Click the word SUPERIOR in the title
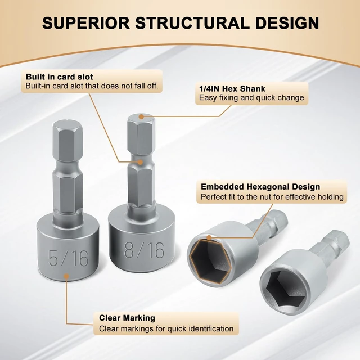coord(86,23)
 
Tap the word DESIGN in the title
coord(287,23)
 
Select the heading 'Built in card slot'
coord(59,76)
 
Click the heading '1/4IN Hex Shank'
coord(232,89)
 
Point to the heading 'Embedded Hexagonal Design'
coord(260,187)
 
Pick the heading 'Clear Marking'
coord(127,318)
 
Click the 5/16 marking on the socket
coord(69,258)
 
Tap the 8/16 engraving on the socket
coord(144,250)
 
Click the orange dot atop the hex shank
coord(141,117)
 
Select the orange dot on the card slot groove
coord(141,162)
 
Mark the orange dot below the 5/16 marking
coord(66,276)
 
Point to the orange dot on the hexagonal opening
coord(209,237)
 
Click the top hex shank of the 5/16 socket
coord(67,141)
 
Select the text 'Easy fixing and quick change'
coord(251,98)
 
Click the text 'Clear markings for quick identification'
coord(166,328)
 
